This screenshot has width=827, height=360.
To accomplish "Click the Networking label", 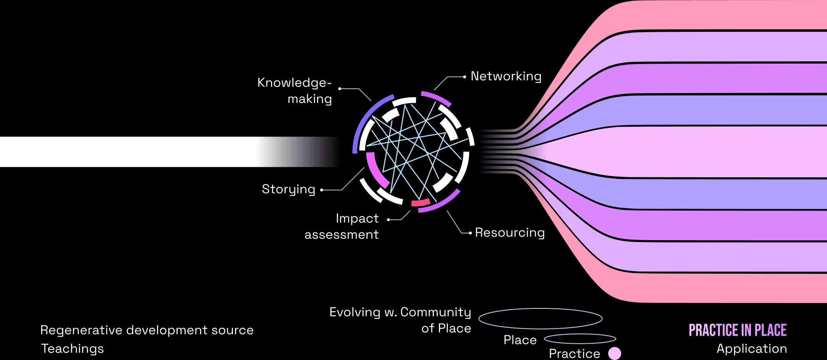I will tap(506, 76).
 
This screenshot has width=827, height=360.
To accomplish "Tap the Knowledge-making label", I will tap(295, 91).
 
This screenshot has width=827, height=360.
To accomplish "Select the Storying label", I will tap(288, 189).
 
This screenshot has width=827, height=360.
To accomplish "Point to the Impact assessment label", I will tap(342, 227).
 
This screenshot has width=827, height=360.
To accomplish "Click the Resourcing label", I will tap(509, 232).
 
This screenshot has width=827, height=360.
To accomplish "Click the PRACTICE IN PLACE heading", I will tap(737, 330).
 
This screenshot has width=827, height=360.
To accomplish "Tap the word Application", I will tap(751, 348).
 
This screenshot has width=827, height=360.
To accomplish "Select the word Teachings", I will tap(73, 348).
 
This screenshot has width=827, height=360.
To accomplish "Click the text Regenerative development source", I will tap(147, 330).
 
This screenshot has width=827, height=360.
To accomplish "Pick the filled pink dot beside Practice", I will tap(615, 353).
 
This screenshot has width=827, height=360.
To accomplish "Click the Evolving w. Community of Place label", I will tap(401, 320).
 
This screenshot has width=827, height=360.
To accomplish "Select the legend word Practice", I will tap(574, 353).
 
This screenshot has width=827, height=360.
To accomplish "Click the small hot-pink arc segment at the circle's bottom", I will tap(421, 202).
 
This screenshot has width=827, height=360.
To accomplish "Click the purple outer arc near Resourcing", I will tap(442, 204).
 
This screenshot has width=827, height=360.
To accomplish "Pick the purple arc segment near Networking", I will tap(436, 97).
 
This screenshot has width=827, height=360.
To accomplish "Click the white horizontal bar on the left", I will tap(128, 152).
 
